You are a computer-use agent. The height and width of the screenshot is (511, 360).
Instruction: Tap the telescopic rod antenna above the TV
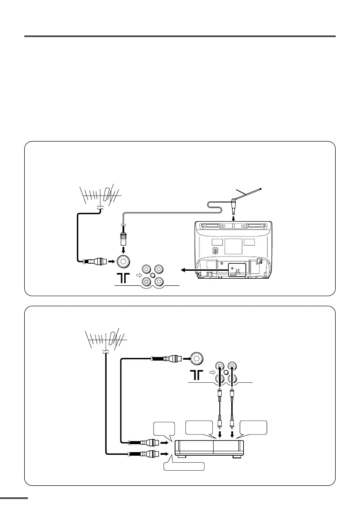click(248, 193)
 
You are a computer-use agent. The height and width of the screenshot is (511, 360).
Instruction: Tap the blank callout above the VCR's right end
click(253, 428)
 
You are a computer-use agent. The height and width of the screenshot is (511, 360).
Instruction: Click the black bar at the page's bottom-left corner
click(14, 498)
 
